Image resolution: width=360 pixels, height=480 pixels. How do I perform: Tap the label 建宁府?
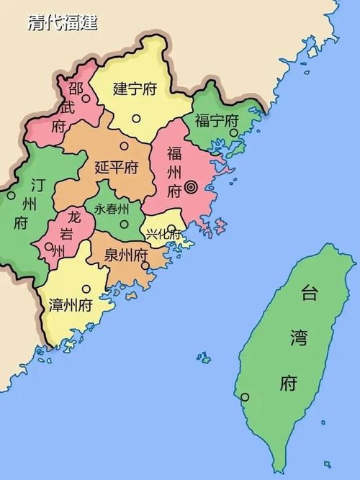[x=135, y=89]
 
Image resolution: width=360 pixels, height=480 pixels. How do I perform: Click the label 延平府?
[x=117, y=168]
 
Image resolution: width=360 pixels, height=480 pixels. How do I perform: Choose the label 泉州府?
[x=126, y=255]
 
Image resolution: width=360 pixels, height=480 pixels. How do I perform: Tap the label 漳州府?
[x=71, y=305]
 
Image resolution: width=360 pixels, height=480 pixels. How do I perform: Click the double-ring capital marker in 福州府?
[x=191, y=187]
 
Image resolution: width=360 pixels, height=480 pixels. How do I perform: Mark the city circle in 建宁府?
[x=135, y=119]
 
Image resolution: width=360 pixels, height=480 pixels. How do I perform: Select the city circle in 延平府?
[x=124, y=146]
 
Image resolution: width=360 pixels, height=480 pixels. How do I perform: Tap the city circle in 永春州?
[x=124, y=225]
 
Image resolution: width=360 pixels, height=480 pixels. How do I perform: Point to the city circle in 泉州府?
[x=145, y=266]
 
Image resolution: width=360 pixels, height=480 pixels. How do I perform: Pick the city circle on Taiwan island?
[x=245, y=397]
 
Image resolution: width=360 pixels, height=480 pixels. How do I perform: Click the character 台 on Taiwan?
[x=309, y=292]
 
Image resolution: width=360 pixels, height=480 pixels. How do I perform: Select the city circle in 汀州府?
[x=11, y=195]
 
